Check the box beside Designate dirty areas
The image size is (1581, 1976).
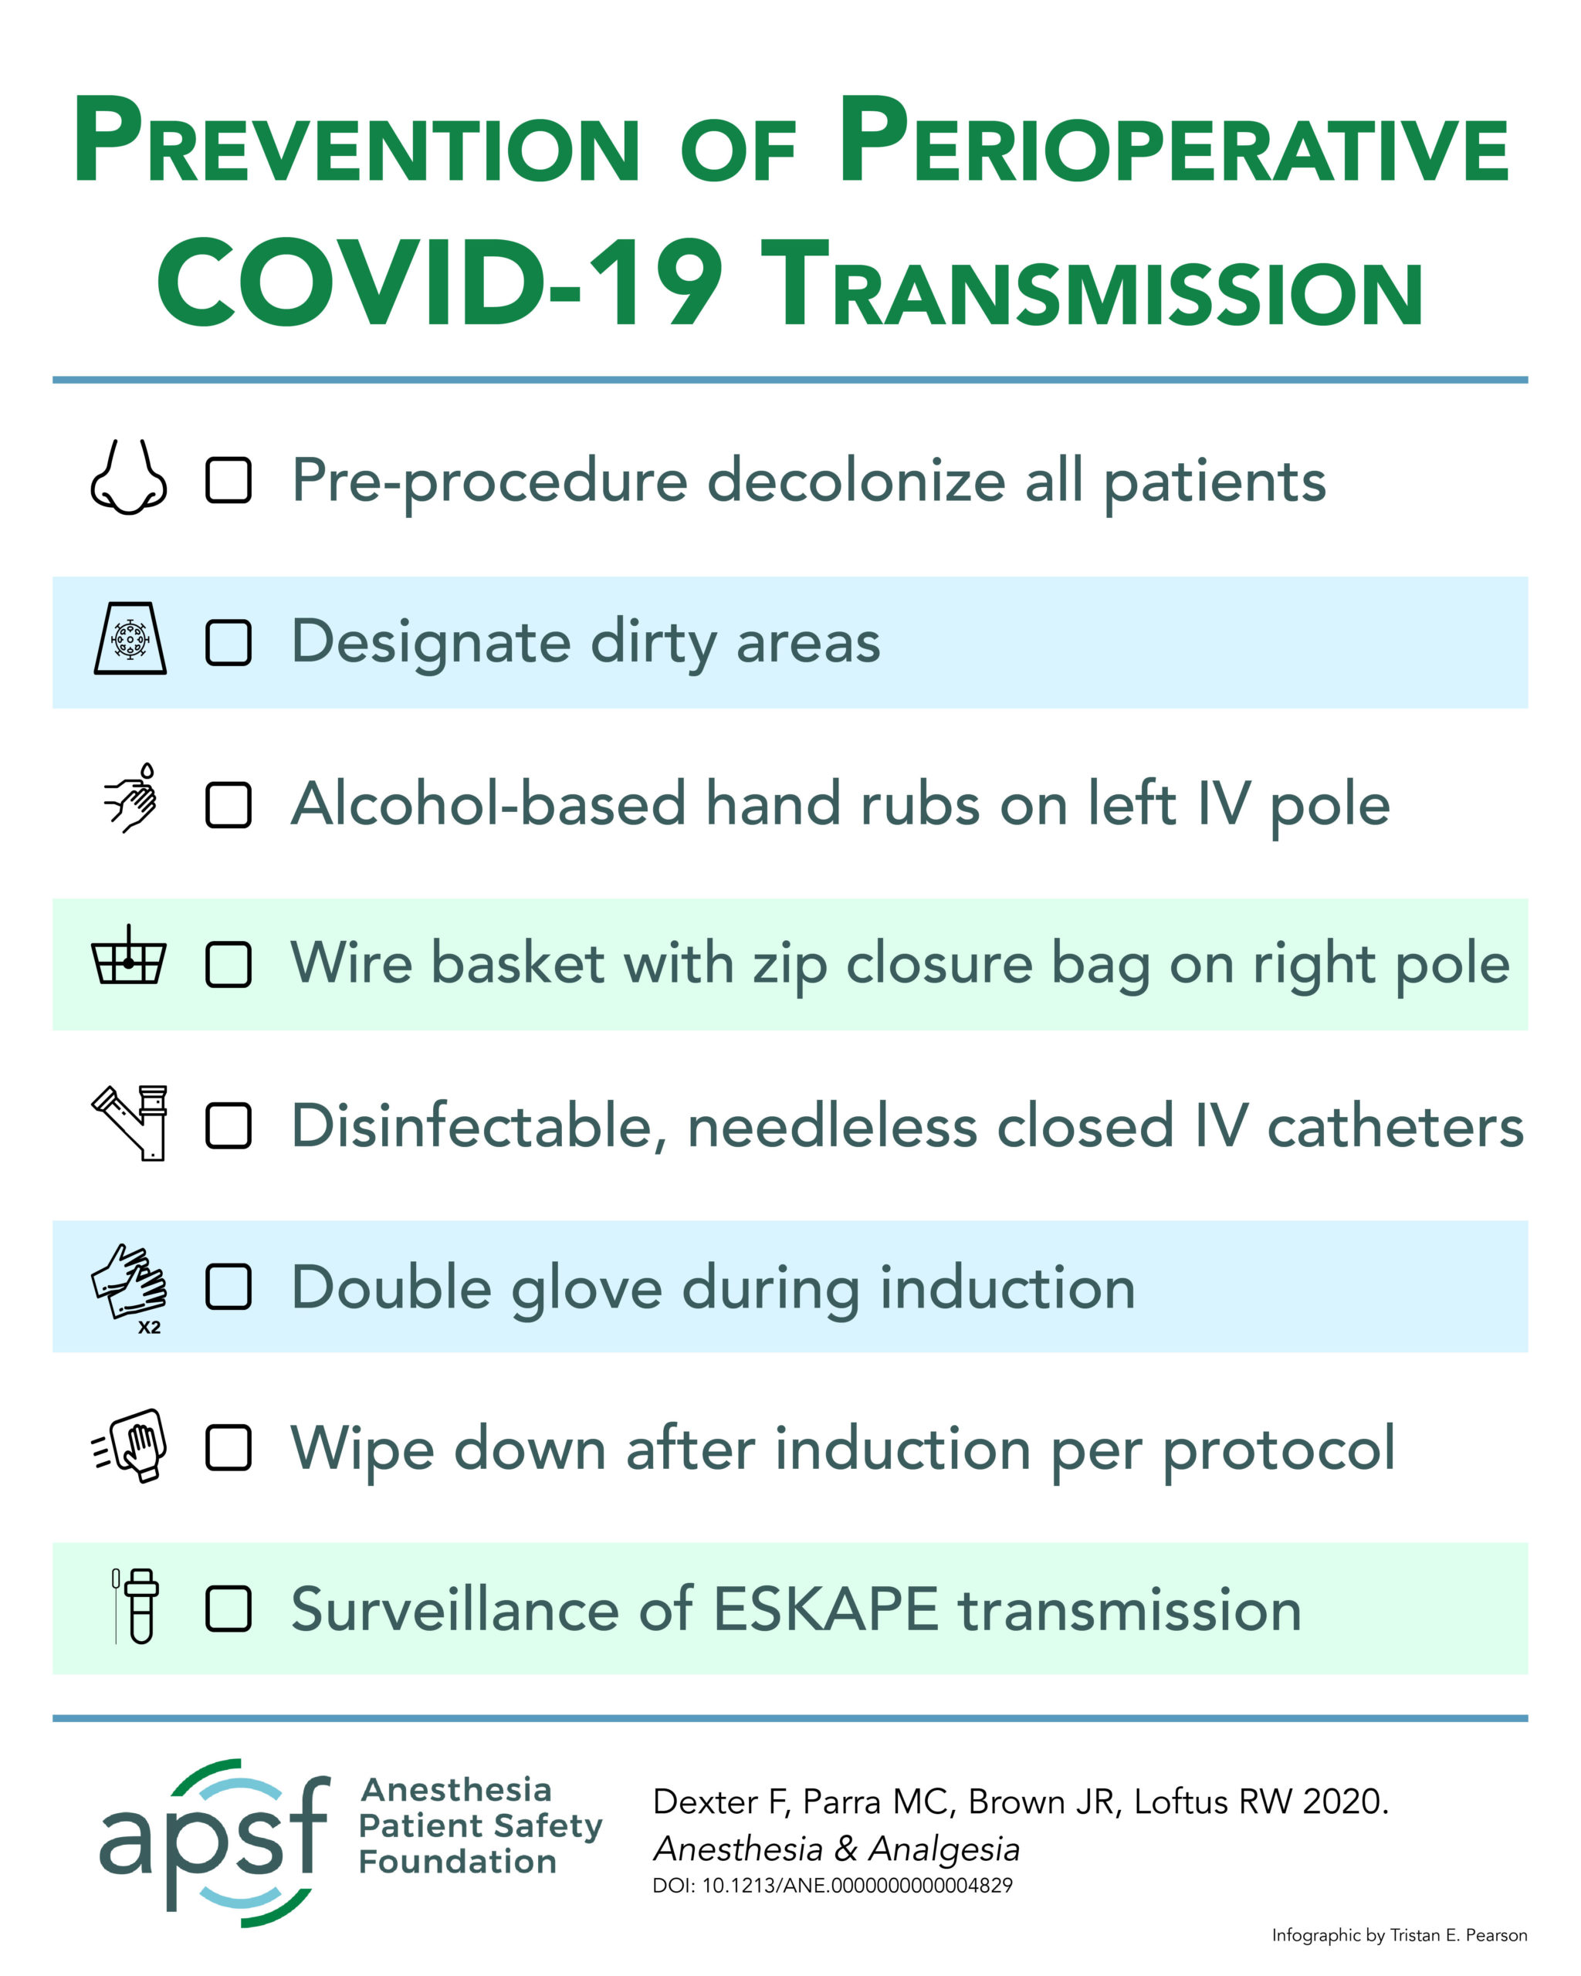pyautogui.click(x=229, y=642)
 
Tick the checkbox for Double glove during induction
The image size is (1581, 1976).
pyautogui.click(x=229, y=1287)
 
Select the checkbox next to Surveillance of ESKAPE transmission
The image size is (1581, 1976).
pyautogui.click(x=229, y=1609)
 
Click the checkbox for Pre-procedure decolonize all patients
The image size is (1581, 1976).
pyautogui.click(x=229, y=480)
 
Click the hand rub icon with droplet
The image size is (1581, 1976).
pyautogui.click(x=131, y=798)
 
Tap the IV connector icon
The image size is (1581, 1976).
pyautogui.click(x=130, y=1124)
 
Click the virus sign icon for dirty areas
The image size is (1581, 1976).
pyautogui.click(x=130, y=639)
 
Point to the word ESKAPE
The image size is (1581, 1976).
pyautogui.click(x=826, y=1609)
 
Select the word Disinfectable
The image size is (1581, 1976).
pyautogui.click(x=479, y=1127)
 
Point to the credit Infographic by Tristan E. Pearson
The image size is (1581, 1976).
pyautogui.click(x=1400, y=1936)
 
